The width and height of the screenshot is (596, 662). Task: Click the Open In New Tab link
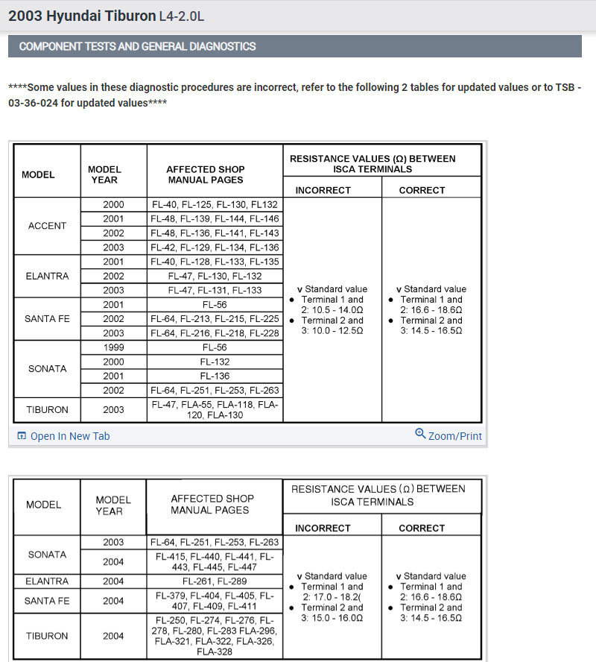pos(69,436)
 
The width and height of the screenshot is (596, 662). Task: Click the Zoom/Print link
pos(454,436)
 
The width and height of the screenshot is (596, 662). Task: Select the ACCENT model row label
pos(47,226)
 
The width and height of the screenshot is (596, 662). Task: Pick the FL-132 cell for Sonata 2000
pos(215,362)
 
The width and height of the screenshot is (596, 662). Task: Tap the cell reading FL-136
pos(215,376)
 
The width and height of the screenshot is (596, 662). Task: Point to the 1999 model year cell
pos(113,347)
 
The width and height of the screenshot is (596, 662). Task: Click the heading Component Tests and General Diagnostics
pos(137,46)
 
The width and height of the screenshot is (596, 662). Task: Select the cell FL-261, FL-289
pos(215,581)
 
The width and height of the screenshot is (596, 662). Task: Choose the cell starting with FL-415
pos(215,562)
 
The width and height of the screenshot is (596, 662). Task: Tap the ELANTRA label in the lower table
pos(47,581)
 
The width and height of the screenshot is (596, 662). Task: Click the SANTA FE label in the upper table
pos(47,318)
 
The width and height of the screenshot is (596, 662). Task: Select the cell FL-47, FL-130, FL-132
pos(215,276)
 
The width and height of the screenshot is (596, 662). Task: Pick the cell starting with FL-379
pos(215,601)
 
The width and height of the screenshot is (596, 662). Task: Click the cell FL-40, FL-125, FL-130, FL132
pos(215,204)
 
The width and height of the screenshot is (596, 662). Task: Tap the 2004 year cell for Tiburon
pos(113,636)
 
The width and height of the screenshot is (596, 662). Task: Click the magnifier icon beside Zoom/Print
pos(420,435)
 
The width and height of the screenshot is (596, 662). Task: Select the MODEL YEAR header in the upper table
pos(104,174)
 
